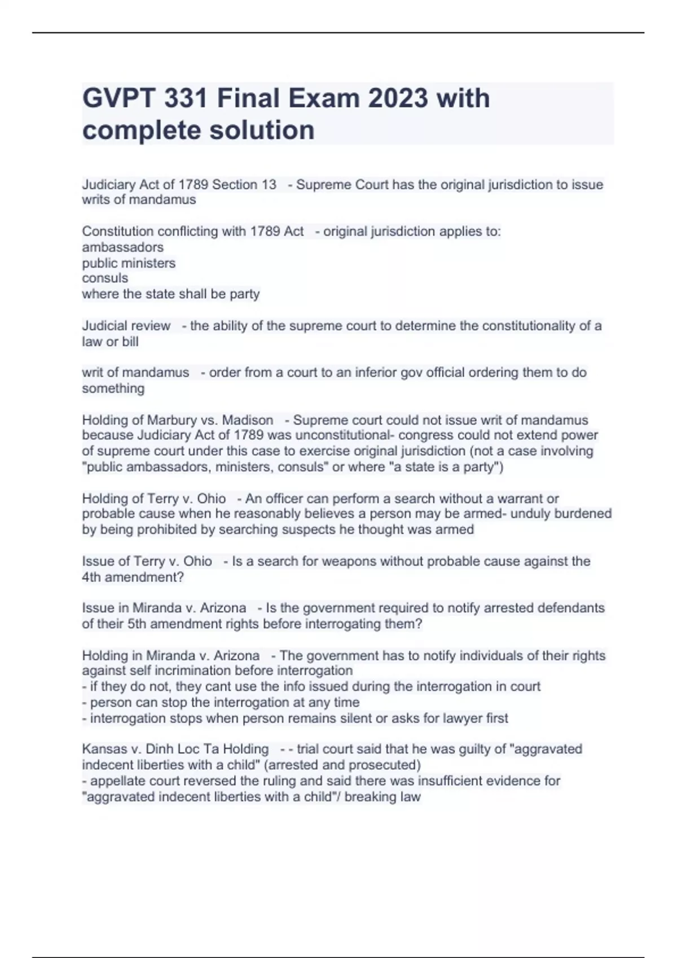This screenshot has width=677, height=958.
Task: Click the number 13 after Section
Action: (x=269, y=185)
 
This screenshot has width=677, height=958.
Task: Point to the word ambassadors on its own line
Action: (x=122, y=247)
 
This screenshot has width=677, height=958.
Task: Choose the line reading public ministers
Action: (x=129, y=263)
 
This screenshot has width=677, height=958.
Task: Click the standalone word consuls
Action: (x=105, y=278)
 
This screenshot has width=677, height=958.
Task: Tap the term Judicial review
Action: (x=126, y=326)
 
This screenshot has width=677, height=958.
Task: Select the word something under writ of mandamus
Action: (x=113, y=388)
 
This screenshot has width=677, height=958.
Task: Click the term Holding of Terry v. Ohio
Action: (x=153, y=499)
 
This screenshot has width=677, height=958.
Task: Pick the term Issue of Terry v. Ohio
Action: (x=147, y=561)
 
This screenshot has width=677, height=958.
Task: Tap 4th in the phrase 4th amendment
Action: (x=91, y=577)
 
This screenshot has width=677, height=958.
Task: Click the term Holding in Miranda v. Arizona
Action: (x=170, y=656)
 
